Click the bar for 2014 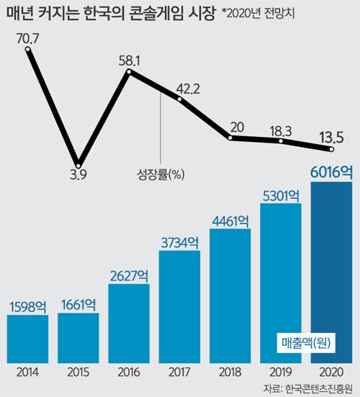[x=27, y=338]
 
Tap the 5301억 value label [x=280, y=196]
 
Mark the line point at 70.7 [x=27, y=50]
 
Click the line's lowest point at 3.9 [x=78, y=164]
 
